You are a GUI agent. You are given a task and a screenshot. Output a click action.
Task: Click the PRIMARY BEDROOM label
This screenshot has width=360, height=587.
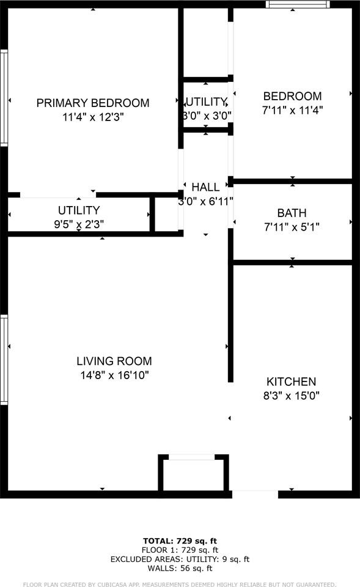click(x=93, y=103)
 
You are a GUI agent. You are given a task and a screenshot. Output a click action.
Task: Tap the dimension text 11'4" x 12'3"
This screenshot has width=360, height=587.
click(x=93, y=117)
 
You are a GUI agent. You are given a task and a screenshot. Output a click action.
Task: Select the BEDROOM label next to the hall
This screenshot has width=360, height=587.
click(x=292, y=96)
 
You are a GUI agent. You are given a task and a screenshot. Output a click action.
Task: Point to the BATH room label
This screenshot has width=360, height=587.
click(x=292, y=213)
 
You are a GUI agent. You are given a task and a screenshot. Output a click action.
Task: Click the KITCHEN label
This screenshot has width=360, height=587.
click(x=291, y=382)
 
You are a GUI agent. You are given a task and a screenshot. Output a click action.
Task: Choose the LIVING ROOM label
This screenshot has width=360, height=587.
click(x=114, y=361)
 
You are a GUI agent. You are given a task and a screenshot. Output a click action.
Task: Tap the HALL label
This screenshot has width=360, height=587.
click(x=205, y=187)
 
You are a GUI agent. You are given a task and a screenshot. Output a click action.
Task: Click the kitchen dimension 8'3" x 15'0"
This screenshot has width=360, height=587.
click(x=291, y=396)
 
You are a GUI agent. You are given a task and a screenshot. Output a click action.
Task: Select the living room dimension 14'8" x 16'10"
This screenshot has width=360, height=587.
click(x=114, y=375)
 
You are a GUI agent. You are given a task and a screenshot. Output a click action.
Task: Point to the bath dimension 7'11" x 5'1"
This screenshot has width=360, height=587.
click(x=292, y=227)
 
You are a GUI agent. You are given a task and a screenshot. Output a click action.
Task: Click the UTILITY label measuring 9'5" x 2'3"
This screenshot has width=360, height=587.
click(x=79, y=210)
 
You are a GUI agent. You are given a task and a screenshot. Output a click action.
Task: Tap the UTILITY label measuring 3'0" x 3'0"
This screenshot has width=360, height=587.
click(x=206, y=102)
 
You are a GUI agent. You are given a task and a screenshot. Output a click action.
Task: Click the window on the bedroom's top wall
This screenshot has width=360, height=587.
click(x=298, y=4)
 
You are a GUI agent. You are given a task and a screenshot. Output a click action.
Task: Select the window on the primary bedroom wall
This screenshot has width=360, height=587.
click(x=4, y=97)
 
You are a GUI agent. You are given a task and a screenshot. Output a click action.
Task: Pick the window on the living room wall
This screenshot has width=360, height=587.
click(x=4, y=360)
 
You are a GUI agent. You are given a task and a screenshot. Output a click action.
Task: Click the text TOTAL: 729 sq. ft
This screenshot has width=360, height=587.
click(x=180, y=541)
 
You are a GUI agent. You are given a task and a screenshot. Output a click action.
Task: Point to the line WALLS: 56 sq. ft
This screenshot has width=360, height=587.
click(x=180, y=568)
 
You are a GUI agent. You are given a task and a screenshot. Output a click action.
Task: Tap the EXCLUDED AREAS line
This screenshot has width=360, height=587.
click(x=180, y=559)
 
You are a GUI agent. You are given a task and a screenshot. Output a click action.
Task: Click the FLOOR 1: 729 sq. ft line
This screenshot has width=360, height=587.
click(x=180, y=550)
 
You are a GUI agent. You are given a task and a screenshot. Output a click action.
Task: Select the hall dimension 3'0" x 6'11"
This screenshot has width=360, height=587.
click(x=205, y=201)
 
